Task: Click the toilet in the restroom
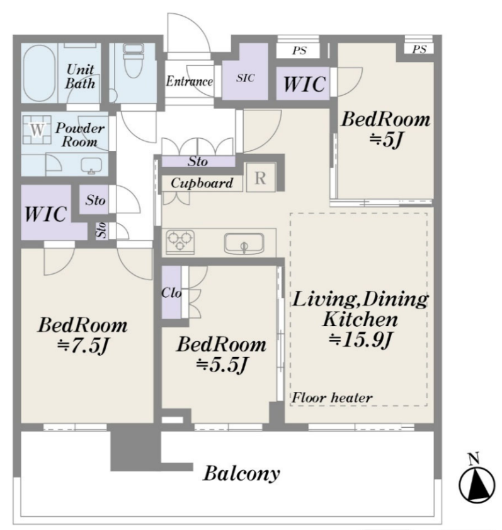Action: [134, 60]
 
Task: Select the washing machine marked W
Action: [37, 129]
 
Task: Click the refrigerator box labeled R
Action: [260, 177]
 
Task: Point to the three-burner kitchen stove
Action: [180, 242]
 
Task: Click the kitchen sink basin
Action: [244, 244]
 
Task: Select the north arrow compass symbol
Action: [476, 480]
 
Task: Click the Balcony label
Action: [242, 473]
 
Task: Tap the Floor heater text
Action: [332, 397]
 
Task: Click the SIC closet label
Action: [245, 78]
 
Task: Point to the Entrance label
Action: [189, 81]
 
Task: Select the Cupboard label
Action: [202, 183]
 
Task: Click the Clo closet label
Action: [172, 293]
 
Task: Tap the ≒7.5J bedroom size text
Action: [83, 346]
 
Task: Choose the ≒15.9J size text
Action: [360, 339]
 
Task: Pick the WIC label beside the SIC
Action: [304, 84]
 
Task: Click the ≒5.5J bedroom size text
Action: [222, 365]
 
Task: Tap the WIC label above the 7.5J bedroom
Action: [45, 214]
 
